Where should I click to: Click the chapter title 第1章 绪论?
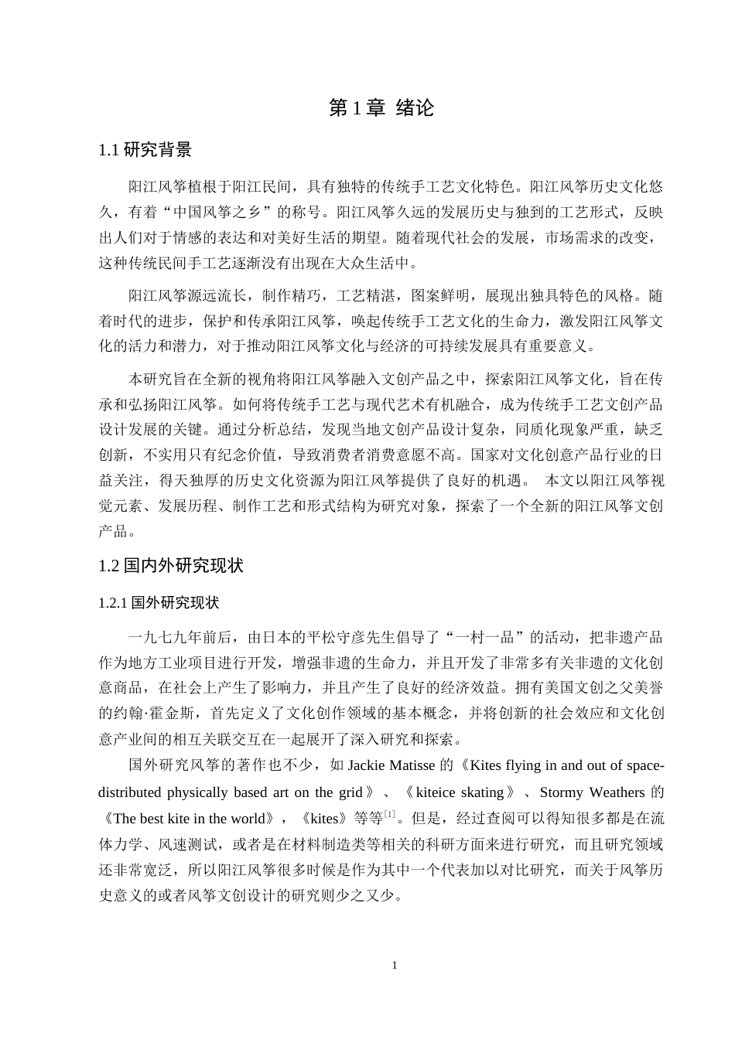(x=381, y=108)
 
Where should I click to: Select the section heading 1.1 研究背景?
(x=145, y=150)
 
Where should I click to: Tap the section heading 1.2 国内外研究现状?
(x=171, y=566)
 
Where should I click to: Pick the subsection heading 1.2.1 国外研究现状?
(x=159, y=603)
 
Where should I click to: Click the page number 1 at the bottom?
(x=395, y=965)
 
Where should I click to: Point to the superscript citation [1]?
(x=390, y=814)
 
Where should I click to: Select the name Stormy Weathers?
(x=592, y=792)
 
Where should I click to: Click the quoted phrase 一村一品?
(x=487, y=638)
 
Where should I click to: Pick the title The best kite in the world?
(x=189, y=819)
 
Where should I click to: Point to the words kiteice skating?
(x=460, y=792)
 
